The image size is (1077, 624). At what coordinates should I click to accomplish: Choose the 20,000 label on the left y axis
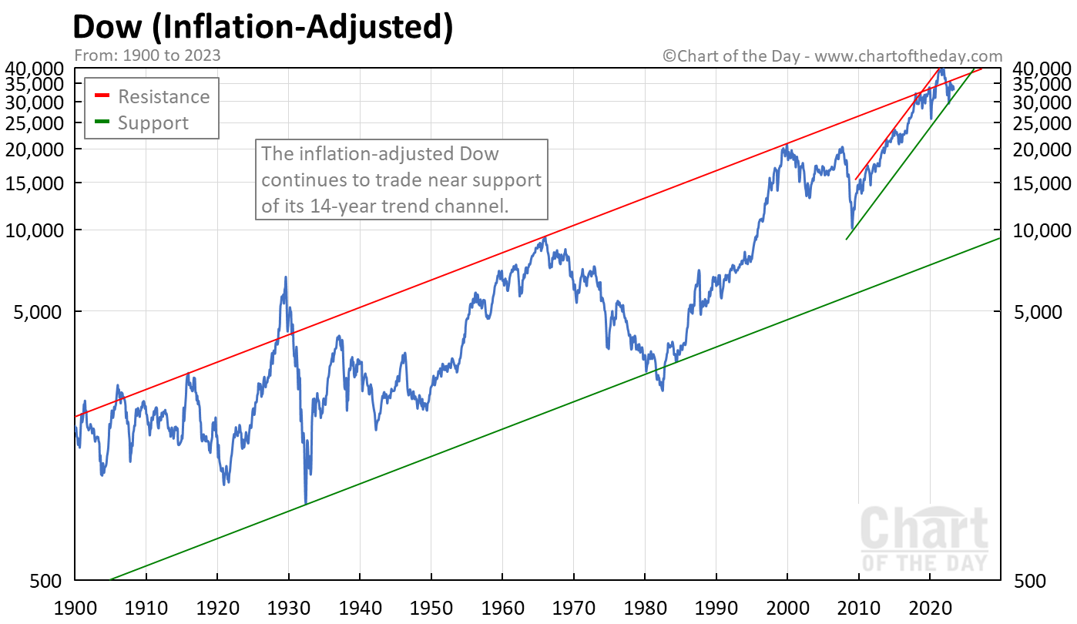coord(35,149)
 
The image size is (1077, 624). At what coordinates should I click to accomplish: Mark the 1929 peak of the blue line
coord(286,277)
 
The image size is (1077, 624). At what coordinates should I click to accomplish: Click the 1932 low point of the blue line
coord(306,502)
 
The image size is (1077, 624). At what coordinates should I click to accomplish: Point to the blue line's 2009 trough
coord(851,228)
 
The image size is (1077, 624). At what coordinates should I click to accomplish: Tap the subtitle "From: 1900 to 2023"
coord(147,55)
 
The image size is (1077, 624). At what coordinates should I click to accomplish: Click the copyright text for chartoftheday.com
coord(833,55)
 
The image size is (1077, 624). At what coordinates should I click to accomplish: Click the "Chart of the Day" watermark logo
coord(924,539)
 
